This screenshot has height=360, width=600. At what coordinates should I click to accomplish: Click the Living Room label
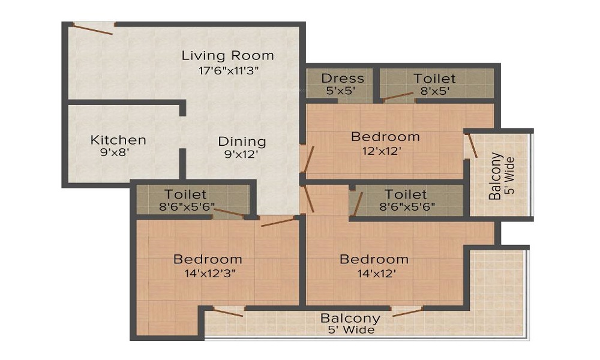point(228,56)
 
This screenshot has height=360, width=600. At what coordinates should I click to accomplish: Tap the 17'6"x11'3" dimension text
point(228,70)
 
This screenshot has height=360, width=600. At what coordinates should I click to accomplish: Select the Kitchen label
point(118,140)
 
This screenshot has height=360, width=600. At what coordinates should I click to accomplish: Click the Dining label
point(242,142)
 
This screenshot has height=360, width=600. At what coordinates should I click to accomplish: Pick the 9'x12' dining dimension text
point(242,154)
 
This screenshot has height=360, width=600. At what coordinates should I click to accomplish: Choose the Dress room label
point(343,78)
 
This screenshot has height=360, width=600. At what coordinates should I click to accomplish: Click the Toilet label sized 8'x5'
point(434,79)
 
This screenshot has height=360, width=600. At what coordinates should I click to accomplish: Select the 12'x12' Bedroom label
point(385,137)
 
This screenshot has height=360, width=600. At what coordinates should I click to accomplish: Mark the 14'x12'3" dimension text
point(208,273)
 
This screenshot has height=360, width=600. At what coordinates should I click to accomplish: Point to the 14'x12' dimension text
point(374,273)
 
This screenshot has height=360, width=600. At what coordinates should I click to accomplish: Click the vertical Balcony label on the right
point(496,176)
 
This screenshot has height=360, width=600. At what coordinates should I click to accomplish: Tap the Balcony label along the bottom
point(350,318)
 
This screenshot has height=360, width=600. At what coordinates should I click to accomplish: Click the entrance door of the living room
point(93,28)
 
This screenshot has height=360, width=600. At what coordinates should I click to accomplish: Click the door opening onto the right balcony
point(472,146)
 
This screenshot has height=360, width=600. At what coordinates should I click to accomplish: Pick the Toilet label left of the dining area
point(186,194)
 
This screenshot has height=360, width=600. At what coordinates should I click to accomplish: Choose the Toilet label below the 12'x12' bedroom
point(406,194)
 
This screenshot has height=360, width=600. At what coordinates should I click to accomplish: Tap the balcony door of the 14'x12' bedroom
point(407,311)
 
